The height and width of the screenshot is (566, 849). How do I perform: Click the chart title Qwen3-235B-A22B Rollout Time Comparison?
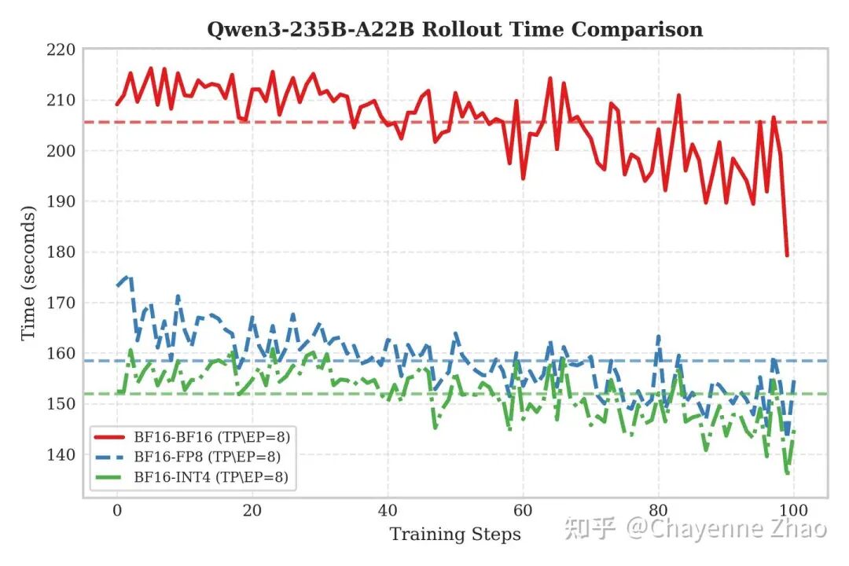(x=454, y=30)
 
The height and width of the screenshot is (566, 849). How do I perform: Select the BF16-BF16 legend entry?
(x=211, y=437)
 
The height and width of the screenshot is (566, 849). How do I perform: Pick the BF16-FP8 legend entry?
(x=208, y=457)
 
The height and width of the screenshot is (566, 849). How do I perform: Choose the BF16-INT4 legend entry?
(x=211, y=476)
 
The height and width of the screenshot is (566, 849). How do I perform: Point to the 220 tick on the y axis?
(x=61, y=50)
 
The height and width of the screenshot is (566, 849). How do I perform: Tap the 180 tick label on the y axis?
(x=61, y=252)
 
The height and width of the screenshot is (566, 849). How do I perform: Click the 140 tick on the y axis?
(x=61, y=455)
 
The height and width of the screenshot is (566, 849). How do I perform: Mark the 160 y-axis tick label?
(x=61, y=354)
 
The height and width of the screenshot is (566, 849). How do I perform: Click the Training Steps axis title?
(x=455, y=535)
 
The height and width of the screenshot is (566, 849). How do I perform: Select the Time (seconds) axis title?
(x=28, y=273)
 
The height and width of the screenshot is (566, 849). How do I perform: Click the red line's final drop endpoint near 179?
(x=787, y=255)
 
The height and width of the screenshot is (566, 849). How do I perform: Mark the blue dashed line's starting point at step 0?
(x=117, y=286)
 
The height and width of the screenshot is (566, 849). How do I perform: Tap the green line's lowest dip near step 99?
(x=787, y=474)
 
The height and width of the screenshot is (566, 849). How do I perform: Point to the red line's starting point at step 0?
(x=117, y=105)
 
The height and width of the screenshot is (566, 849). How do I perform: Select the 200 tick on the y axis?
(x=61, y=151)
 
